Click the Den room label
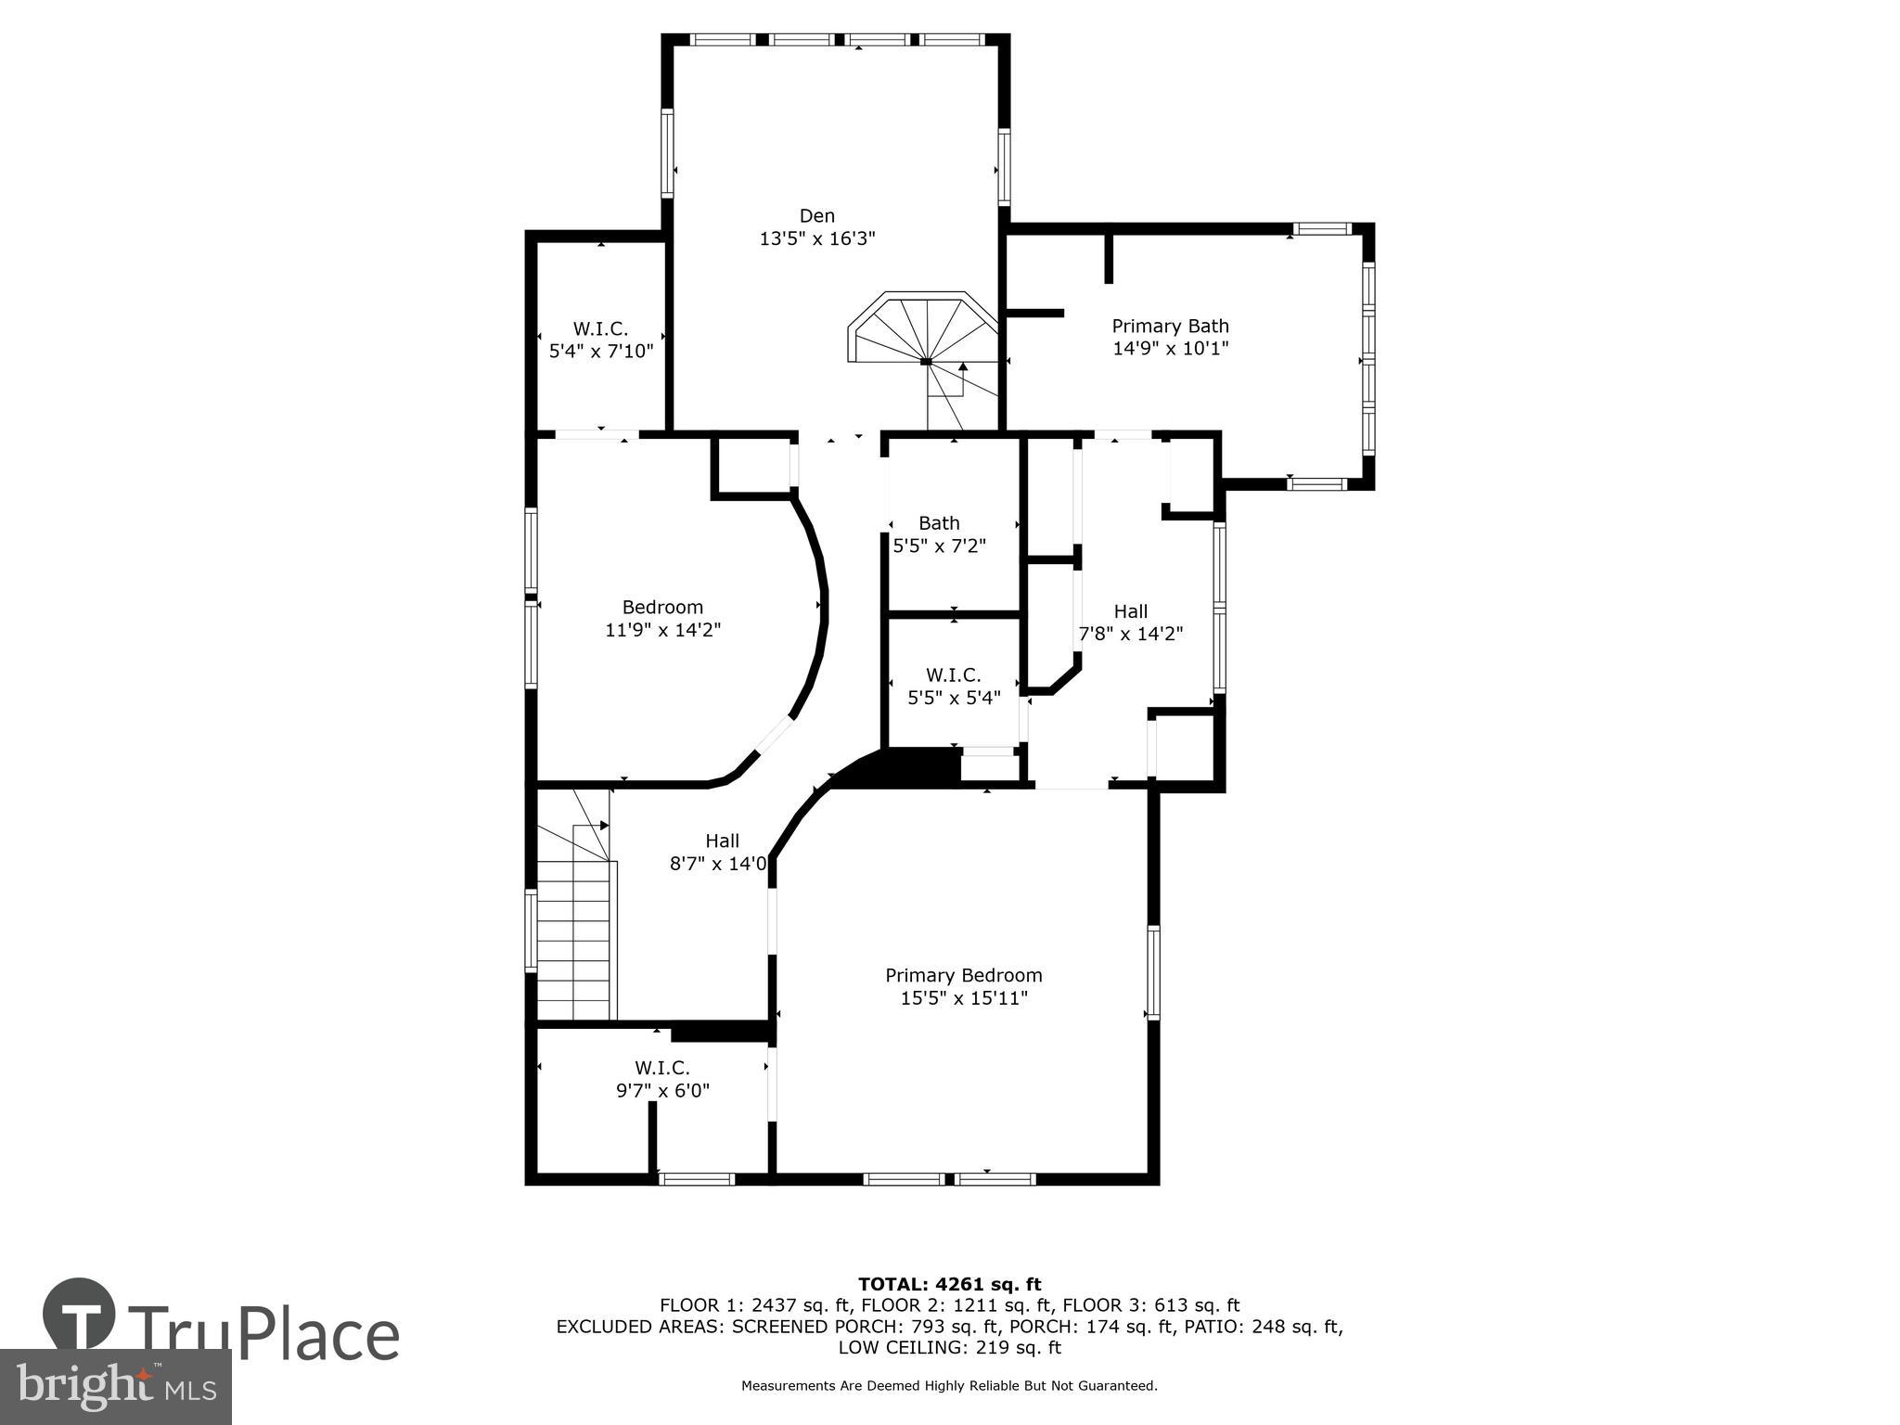[816, 216]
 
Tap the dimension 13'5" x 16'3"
[816, 238]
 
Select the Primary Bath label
[1170, 326]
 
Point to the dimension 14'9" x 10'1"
[1170, 349]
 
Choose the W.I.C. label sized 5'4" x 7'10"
[600, 328]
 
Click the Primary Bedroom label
[963, 975]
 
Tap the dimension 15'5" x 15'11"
[963, 998]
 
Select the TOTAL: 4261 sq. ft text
[949, 1284]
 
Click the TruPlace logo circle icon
[79, 1315]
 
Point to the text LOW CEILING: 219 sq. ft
[949, 1348]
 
